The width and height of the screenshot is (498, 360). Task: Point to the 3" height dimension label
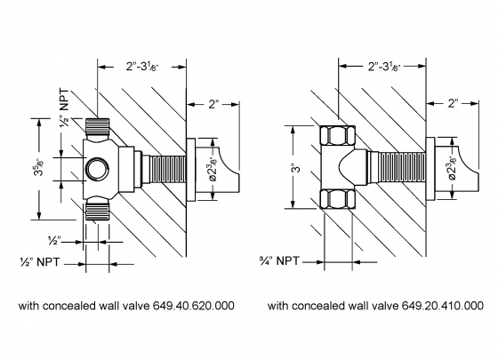(x=297, y=167)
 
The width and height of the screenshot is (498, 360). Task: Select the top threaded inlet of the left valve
(x=98, y=128)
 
